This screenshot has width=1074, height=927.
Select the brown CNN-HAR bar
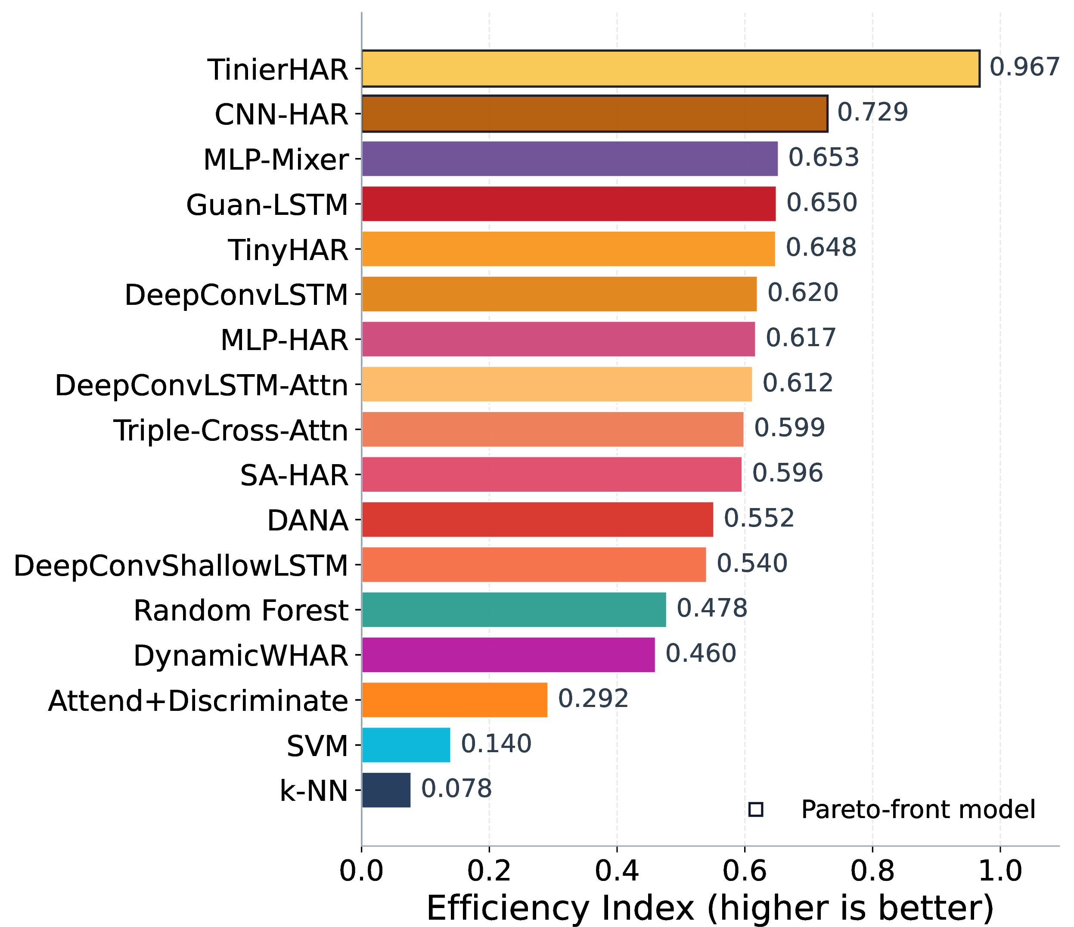pyautogui.click(x=595, y=114)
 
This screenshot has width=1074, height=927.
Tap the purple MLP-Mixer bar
pyautogui.click(x=570, y=158)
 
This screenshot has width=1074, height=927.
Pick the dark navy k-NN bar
pyautogui.click(x=386, y=790)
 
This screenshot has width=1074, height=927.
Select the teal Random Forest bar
pyautogui.click(x=514, y=609)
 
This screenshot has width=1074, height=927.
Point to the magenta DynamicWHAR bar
pyautogui.click(x=508, y=654)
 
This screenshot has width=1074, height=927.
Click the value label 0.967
pyautogui.click(x=1024, y=67)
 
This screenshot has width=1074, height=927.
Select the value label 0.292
pyautogui.click(x=593, y=698)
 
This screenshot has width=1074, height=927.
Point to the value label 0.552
pyautogui.click(x=759, y=518)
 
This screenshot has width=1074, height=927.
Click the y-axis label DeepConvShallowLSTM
pyautogui.click(x=181, y=565)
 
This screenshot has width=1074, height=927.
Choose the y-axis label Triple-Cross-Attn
pyautogui.click(x=231, y=430)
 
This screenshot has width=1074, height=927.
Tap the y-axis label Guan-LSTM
pyautogui.click(x=267, y=205)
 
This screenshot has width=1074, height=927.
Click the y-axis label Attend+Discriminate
pyautogui.click(x=198, y=701)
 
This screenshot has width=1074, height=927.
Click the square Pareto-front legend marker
pyautogui.click(x=756, y=809)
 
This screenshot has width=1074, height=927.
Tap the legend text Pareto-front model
pyautogui.click(x=919, y=809)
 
